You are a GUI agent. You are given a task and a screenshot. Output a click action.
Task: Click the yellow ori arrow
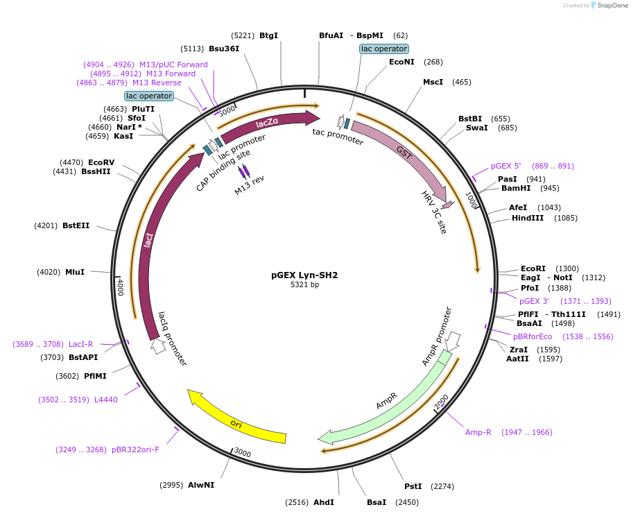tap(236, 420)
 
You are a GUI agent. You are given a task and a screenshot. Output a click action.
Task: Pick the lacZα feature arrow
tap(267, 123)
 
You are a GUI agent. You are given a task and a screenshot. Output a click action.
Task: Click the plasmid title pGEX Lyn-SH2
tap(304, 275)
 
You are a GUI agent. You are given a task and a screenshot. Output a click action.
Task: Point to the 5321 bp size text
tap(304, 284)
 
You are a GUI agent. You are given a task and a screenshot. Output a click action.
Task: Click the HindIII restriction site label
tap(528, 218)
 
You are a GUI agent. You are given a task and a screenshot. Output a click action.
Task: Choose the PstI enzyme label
tap(413, 486)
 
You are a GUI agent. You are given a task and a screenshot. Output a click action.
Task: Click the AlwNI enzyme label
tap(201, 485)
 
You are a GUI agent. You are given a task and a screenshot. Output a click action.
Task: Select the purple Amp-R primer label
tap(478, 432)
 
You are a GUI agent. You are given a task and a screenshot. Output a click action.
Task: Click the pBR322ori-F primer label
tap(135, 449)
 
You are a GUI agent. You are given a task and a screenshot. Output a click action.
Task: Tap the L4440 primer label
tap(106, 400)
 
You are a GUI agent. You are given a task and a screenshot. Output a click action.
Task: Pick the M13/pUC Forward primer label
tap(173, 65)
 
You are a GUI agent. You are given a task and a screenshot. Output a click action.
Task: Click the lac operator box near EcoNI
tap(384, 49)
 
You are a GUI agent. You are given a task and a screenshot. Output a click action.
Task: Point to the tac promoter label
tap(338, 136)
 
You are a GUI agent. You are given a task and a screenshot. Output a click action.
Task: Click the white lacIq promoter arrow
tap(158, 345)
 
